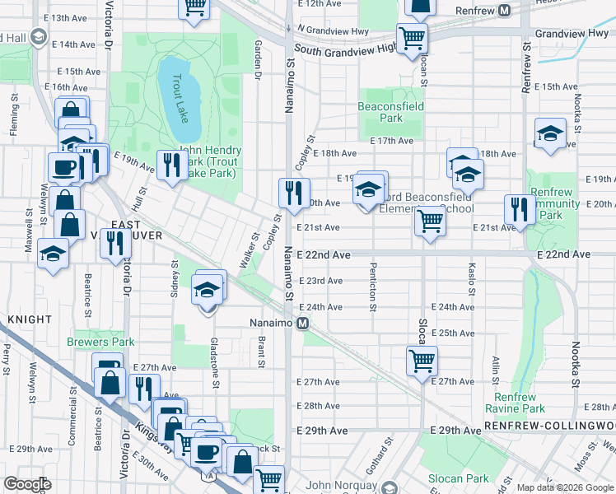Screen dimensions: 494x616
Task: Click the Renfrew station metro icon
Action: click(504, 11)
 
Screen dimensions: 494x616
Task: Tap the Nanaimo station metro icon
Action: click(303, 323)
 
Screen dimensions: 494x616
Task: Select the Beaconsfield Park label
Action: click(380, 112)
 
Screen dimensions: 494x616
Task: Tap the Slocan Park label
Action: click(458, 478)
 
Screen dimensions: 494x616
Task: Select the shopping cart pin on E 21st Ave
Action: click(430, 221)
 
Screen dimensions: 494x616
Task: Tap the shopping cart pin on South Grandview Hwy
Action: click(411, 38)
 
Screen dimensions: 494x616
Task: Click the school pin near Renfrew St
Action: click(549, 134)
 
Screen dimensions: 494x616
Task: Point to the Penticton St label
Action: click(373, 294)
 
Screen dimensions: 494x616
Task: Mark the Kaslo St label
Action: click(472, 279)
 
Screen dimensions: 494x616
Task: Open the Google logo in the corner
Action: click(27, 484)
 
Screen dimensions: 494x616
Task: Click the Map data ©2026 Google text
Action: click(564, 487)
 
